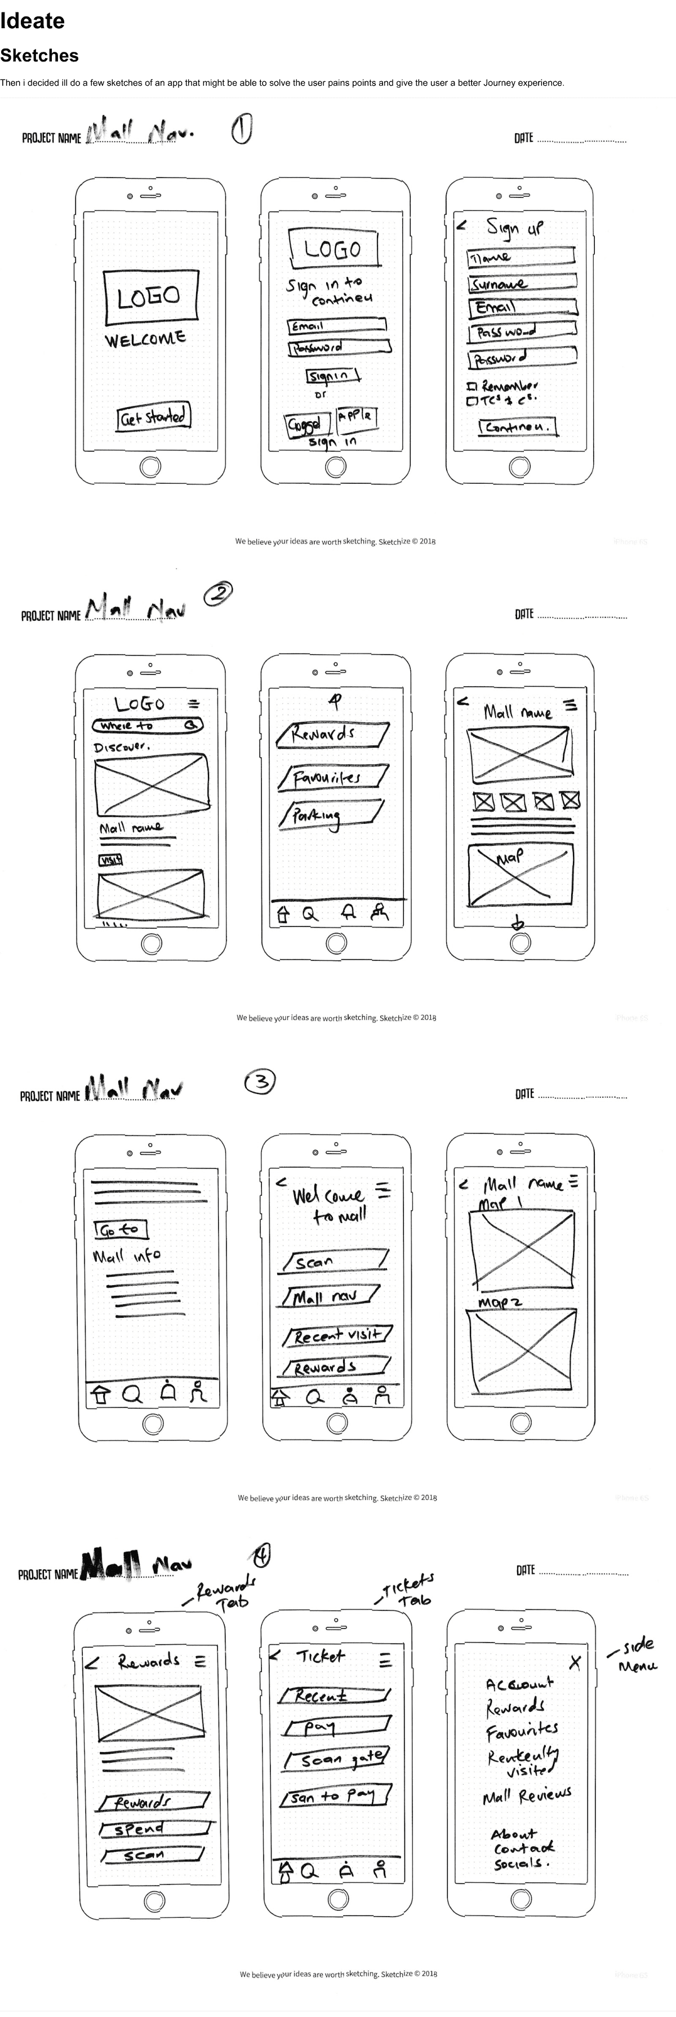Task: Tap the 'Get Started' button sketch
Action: (154, 417)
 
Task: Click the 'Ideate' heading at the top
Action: (32, 21)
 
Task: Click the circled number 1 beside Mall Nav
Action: (241, 129)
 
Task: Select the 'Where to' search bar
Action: (147, 726)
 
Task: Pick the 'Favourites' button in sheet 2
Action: (332, 776)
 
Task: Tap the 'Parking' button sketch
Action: (330, 814)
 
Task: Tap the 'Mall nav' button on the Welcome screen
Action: (330, 1297)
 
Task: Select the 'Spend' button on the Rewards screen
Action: (155, 1829)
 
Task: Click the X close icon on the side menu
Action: (575, 1663)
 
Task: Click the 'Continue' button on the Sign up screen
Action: (517, 427)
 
